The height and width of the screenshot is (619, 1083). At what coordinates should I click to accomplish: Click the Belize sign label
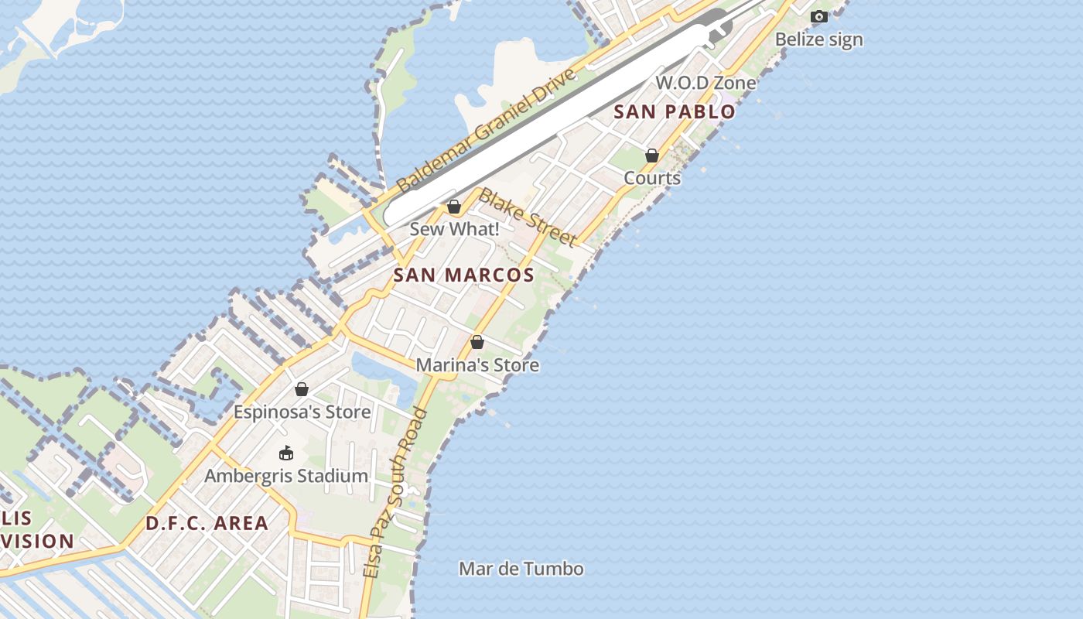[818, 39]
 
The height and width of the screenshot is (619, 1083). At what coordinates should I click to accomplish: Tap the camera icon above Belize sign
[818, 16]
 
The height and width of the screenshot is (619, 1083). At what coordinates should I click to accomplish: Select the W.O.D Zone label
[705, 82]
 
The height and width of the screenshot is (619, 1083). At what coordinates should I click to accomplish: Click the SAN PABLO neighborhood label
[675, 111]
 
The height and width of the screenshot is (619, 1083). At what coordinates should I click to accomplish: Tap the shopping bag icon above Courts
[652, 156]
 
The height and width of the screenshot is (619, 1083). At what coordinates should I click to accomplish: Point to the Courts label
[652, 178]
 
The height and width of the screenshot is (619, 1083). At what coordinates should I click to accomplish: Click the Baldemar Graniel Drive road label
[488, 131]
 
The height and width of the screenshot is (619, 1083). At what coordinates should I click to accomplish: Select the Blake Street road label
[528, 217]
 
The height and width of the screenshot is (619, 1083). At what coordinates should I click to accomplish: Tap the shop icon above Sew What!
[454, 207]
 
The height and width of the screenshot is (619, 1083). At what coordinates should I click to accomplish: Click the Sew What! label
[454, 229]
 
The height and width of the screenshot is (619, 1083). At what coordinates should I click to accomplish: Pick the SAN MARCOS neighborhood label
[463, 275]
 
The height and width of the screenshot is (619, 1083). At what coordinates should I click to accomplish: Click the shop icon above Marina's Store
[477, 342]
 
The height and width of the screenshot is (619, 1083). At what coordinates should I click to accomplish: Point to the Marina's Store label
[477, 364]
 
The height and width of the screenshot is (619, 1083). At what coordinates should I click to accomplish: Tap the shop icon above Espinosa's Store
[302, 389]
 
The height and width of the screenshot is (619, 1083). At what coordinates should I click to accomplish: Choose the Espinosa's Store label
[302, 412]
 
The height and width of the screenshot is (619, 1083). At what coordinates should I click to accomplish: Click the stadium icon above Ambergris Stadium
[286, 453]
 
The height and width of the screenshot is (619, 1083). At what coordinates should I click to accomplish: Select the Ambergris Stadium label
[286, 475]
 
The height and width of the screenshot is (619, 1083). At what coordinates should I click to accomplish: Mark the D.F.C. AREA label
[207, 523]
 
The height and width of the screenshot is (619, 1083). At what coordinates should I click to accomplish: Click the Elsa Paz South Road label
[395, 494]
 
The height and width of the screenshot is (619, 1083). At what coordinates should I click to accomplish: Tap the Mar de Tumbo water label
[521, 569]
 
